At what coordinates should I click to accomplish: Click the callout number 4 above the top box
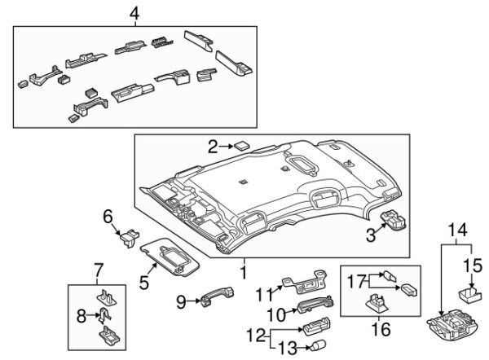click(134, 14)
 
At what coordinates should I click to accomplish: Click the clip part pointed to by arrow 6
click(130, 237)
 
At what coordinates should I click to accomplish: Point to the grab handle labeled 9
click(218, 296)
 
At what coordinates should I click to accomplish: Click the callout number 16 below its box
click(381, 329)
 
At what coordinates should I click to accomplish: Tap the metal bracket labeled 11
click(305, 282)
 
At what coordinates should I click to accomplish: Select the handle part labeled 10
click(315, 304)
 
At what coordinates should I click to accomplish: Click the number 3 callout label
click(371, 235)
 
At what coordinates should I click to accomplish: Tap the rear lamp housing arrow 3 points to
click(394, 220)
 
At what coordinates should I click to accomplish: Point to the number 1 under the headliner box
click(244, 273)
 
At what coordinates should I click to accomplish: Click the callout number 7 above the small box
click(98, 270)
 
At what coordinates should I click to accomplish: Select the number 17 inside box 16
click(356, 281)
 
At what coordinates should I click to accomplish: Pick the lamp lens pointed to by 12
click(315, 326)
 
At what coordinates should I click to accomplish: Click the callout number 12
click(256, 336)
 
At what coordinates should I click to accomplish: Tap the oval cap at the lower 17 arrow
click(408, 290)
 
